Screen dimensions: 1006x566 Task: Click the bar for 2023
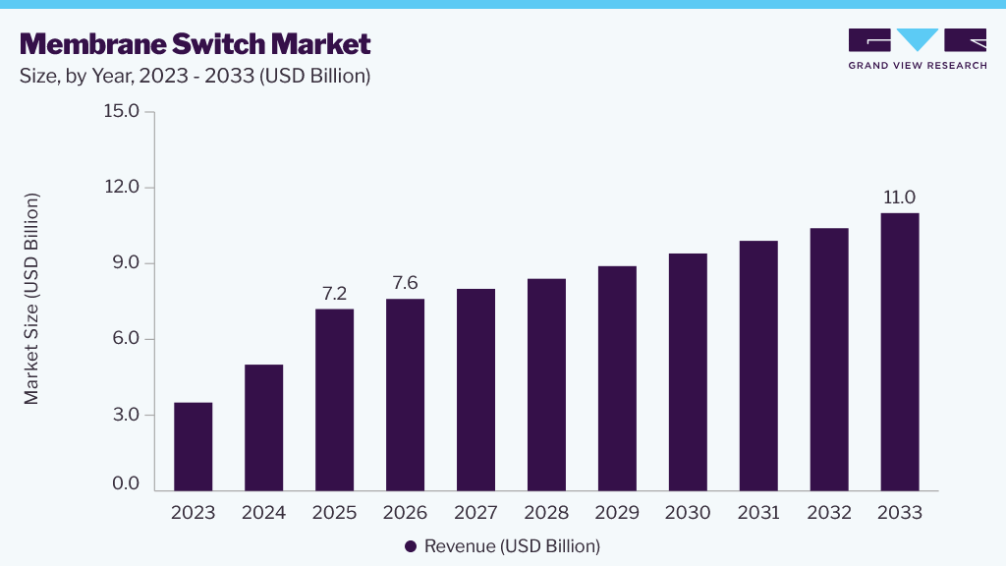click(194, 447)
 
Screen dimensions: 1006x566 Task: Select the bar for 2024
click(263, 427)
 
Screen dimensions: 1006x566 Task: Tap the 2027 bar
click(476, 389)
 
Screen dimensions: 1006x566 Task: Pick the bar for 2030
click(688, 372)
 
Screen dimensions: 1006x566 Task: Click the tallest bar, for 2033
click(900, 352)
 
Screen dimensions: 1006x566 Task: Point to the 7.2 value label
click(334, 293)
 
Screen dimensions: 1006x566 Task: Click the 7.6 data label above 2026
click(405, 283)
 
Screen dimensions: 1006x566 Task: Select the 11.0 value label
click(900, 198)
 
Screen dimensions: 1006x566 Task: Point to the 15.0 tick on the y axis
click(121, 111)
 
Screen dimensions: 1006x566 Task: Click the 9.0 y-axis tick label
click(126, 262)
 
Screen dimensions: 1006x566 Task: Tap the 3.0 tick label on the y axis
click(126, 415)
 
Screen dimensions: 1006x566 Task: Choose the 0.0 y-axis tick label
click(126, 483)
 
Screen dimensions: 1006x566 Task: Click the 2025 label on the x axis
click(334, 513)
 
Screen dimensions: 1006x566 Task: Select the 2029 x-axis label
click(617, 513)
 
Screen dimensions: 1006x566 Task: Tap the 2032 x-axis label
click(829, 513)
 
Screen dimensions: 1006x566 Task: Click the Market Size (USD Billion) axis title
click(31, 299)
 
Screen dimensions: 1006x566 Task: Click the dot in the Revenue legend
click(411, 546)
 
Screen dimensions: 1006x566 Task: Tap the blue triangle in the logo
click(918, 39)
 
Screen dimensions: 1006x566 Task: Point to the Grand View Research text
click(918, 66)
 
